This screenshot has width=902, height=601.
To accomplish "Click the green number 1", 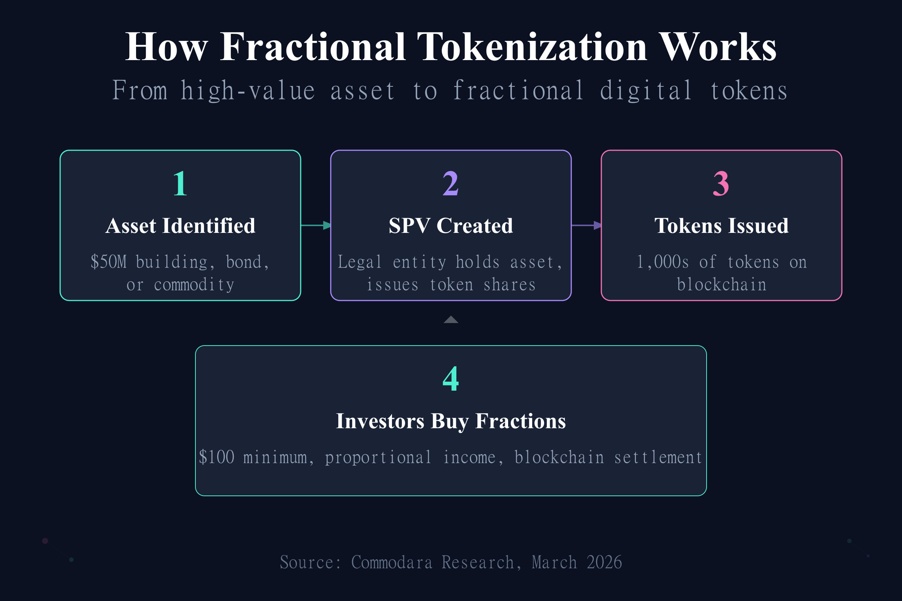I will click(x=180, y=184).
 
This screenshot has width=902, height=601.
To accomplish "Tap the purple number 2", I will click(x=451, y=184).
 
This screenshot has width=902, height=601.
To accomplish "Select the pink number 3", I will click(x=721, y=184).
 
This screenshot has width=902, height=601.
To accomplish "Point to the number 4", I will click(x=451, y=379).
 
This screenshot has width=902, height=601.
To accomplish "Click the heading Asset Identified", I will click(x=180, y=226).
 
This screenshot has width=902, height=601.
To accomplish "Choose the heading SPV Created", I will click(x=451, y=226).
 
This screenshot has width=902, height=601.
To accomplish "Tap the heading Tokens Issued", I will click(x=721, y=226).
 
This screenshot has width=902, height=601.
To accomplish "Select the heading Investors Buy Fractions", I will click(x=451, y=421).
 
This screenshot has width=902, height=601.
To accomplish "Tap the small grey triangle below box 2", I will click(x=451, y=320).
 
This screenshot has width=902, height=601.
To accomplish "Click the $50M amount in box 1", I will click(x=109, y=262).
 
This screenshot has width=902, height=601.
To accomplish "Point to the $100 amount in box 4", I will click(x=217, y=457).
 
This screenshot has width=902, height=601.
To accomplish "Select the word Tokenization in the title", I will click(x=532, y=47).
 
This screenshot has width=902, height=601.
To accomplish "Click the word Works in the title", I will click(x=719, y=47).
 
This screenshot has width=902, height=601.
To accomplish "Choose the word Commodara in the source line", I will click(x=392, y=563).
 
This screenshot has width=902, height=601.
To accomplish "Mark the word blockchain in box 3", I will click(x=721, y=285).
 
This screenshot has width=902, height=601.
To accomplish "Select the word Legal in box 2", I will click(x=360, y=262).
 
